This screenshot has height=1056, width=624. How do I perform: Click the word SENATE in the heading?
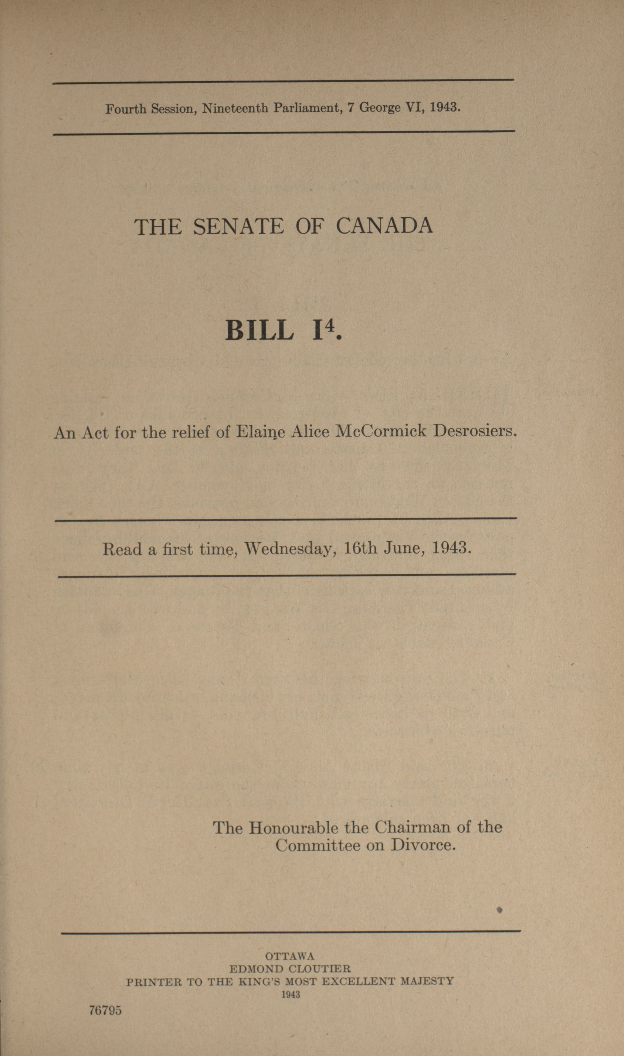(238, 227)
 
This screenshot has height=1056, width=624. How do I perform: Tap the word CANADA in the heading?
(384, 226)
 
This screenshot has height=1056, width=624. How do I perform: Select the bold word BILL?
(260, 330)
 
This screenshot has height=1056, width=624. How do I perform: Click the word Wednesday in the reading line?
(290, 548)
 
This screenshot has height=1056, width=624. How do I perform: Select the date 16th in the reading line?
(360, 548)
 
